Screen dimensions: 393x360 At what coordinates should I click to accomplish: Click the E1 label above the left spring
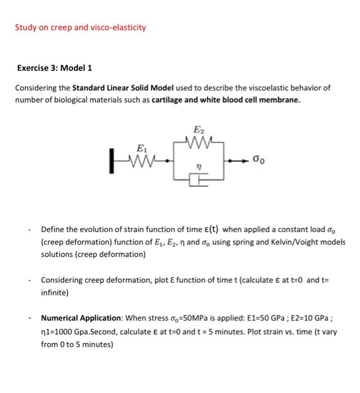140,149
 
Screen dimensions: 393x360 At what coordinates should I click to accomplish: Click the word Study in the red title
25,27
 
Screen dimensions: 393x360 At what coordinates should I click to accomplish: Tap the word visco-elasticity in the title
118,27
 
